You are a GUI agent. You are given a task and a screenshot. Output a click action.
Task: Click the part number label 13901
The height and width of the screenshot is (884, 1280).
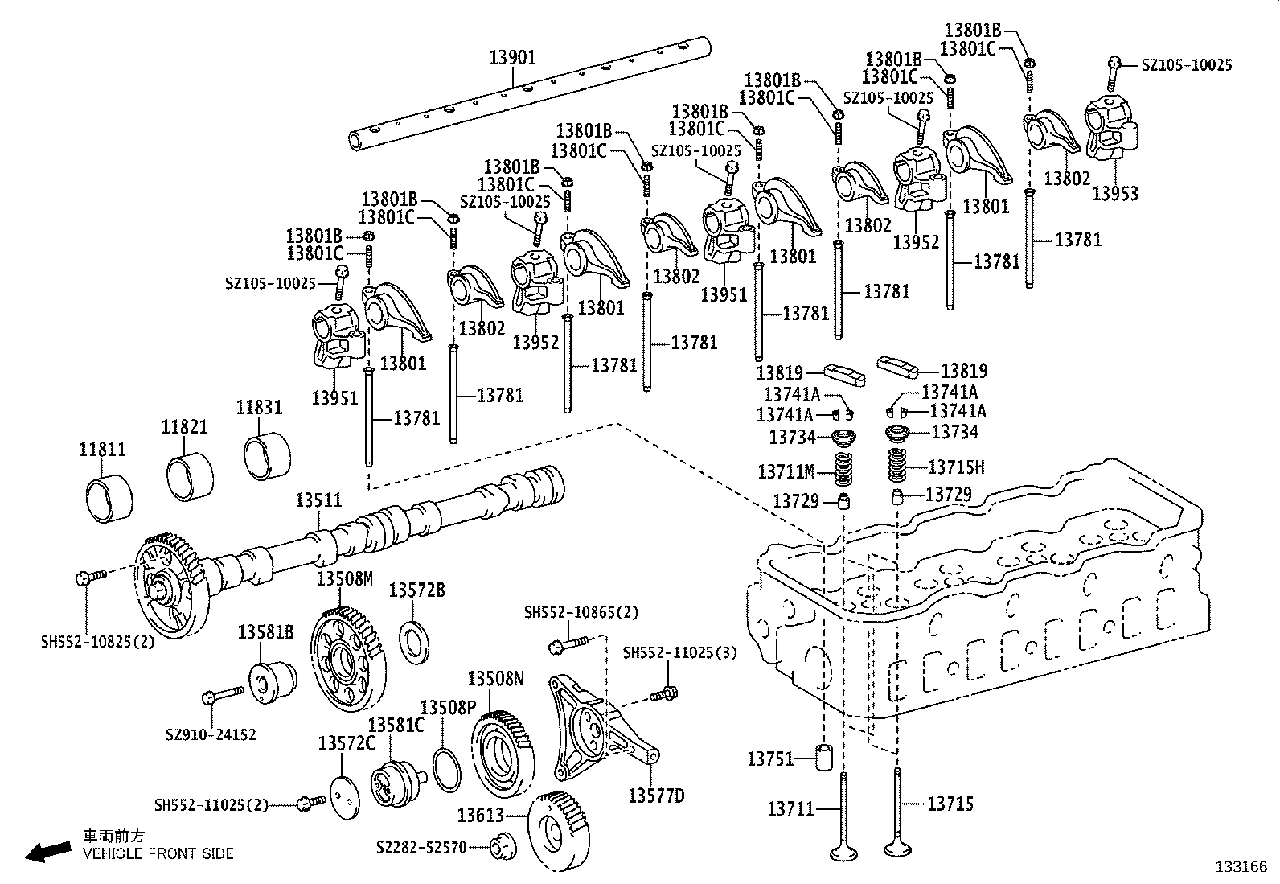pos(512,58)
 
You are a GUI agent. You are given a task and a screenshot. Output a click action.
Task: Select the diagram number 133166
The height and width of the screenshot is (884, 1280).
pos(1241,867)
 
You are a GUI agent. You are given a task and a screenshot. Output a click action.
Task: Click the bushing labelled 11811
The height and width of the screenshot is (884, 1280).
pos(105,499)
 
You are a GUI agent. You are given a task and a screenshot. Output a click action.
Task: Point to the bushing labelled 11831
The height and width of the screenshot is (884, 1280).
pos(266,456)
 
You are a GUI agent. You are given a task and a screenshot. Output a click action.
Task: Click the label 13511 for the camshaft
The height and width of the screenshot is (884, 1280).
pos(318,500)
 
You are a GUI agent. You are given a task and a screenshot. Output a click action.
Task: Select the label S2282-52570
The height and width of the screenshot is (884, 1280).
pos(421,848)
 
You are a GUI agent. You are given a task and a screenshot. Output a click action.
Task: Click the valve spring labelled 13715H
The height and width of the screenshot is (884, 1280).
pos(899,466)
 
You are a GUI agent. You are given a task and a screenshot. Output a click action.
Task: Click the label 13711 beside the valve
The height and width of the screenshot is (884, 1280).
pos(790,808)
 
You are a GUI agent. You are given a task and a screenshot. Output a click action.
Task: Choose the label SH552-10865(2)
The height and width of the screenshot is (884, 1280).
pos(581,613)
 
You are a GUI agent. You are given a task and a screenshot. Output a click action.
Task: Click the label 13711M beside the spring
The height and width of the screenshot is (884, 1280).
pos(786,471)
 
